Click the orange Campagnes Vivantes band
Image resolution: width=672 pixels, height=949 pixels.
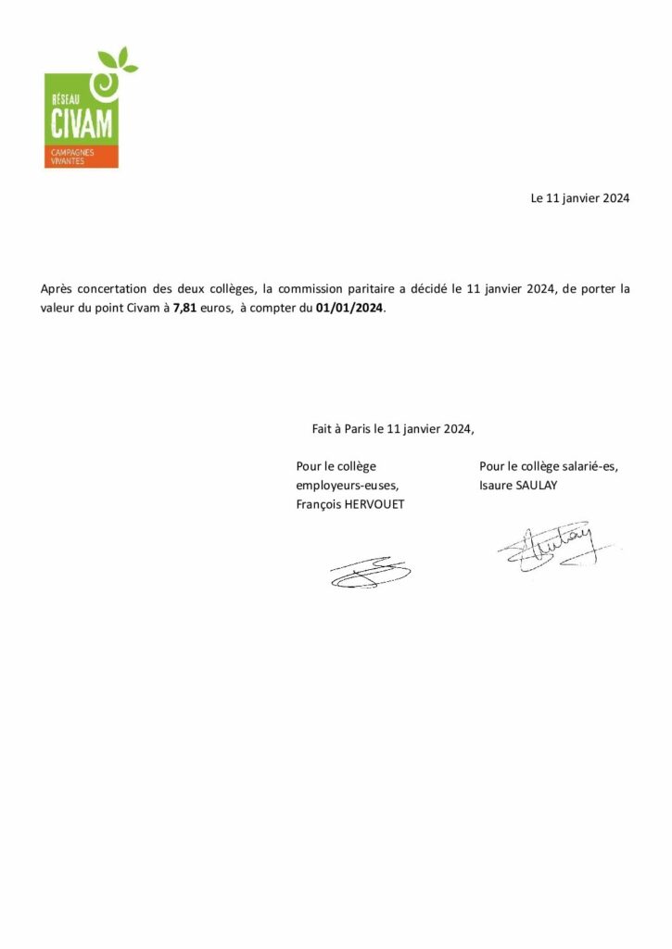click(81, 157)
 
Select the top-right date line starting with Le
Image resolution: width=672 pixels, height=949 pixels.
click(579, 197)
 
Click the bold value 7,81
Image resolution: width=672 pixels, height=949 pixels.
click(184, 309)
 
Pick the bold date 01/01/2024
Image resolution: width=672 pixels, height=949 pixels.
click(349, 309)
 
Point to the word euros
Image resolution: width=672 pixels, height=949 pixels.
click(215, 309)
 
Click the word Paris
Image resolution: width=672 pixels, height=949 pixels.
click(357, 429)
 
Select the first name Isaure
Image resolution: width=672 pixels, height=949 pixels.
click(498, 485)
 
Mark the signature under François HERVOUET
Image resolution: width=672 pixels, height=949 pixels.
click(369, 572)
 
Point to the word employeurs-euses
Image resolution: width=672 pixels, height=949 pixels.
click(348, 485)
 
